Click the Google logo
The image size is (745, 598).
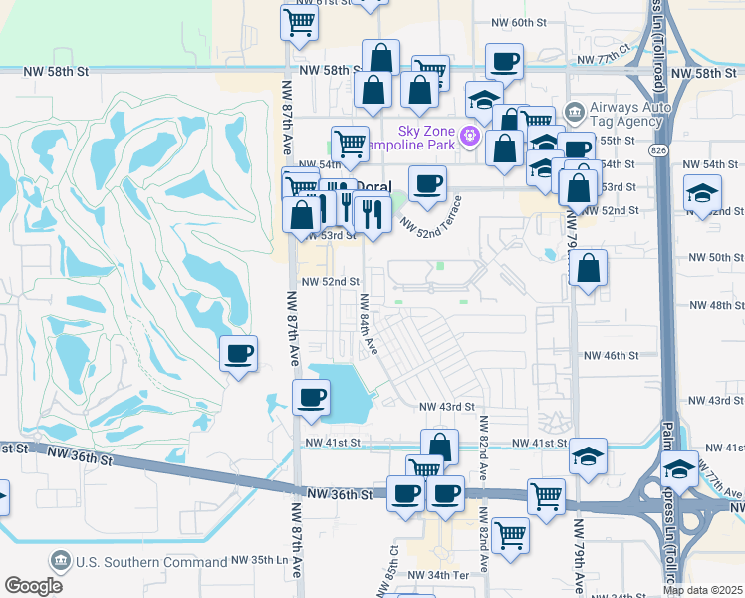(x=33, y=586)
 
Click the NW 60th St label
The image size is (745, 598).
(x=519, y=22)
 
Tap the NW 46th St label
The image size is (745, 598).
(x=611, y=355)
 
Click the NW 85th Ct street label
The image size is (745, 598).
(x=395, y=564)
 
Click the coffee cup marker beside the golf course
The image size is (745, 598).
(x=238, y=353)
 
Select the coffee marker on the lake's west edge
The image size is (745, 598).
(x=311, y=397)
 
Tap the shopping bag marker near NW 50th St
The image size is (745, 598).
(x=589, y=267)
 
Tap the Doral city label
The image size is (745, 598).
(x=373, y=186)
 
